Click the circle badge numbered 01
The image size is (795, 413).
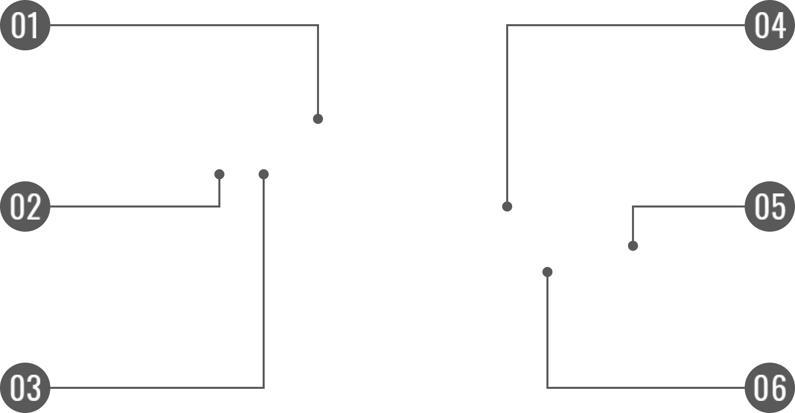(x=25, y=25)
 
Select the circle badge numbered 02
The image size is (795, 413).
(x=25, y=206)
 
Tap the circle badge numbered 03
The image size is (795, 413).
(x=25, y=387)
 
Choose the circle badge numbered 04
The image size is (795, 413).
(x=770, y=25)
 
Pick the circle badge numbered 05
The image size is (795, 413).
(x=770, y=206)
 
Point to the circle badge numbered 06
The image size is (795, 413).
(x=770, y=387)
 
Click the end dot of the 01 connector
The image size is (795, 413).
(x=318, y=119)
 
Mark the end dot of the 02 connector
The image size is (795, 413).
(x=219, y=174)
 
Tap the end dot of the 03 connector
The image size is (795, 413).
(x=264, y=174)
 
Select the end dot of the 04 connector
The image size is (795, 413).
(x=507, y=206)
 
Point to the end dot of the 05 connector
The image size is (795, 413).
(x=633, y=246)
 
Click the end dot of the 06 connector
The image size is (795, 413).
(x=547, y=272)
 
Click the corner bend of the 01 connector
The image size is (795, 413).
(x=318, y=25)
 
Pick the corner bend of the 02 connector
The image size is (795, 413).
(x=219, y=206)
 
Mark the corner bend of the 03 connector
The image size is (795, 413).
(x=264, y=387)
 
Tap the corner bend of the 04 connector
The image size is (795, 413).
(x=507, y=25)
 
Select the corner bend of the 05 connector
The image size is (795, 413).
(x=633, y=206)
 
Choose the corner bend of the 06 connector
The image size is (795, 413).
(x=547, y=387)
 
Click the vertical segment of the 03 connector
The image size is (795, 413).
(x=264, y=282)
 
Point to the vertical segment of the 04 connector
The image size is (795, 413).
(x=507, y=116)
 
